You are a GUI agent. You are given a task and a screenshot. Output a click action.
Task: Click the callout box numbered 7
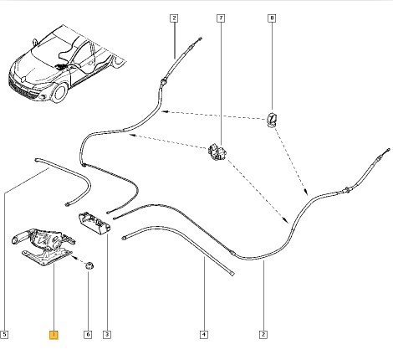pos(221,18)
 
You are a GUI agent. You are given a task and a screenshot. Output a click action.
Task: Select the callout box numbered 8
pos(272,18)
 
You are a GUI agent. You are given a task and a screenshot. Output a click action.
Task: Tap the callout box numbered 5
pos(4,335)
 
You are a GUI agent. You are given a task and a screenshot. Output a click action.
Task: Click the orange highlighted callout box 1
pos(54,335)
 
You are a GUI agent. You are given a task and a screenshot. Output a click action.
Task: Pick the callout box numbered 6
pos(88,335)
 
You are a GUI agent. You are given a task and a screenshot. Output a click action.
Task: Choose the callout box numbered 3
pos(107,335)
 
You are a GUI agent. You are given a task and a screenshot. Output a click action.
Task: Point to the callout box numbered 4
pos(204,335)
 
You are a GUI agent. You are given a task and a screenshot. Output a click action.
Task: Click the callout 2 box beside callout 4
pos(263,335)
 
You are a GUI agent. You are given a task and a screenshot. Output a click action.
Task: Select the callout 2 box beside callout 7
pos(174,18)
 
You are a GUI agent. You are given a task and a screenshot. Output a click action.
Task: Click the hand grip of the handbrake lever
pos(21,238)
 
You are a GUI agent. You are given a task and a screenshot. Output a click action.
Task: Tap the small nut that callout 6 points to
pos(89,265)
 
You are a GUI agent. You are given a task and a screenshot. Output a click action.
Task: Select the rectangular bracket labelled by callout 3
pos(94,223)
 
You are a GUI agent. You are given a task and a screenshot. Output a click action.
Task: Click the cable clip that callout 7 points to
pos(218,152)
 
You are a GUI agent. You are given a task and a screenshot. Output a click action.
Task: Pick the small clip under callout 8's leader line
pos(272,120)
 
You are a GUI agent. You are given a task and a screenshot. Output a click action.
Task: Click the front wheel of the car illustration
pos(59,93)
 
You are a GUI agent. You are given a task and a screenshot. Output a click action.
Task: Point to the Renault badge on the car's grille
pos(24,80)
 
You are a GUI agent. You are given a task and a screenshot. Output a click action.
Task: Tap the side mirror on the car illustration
pos(35,42)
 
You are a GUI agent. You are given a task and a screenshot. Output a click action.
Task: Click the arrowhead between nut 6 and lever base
pos(74,257)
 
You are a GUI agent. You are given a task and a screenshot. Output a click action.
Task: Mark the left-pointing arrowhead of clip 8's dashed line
pos(165,111)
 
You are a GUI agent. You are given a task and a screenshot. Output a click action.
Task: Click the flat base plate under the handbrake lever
pos(46,257)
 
